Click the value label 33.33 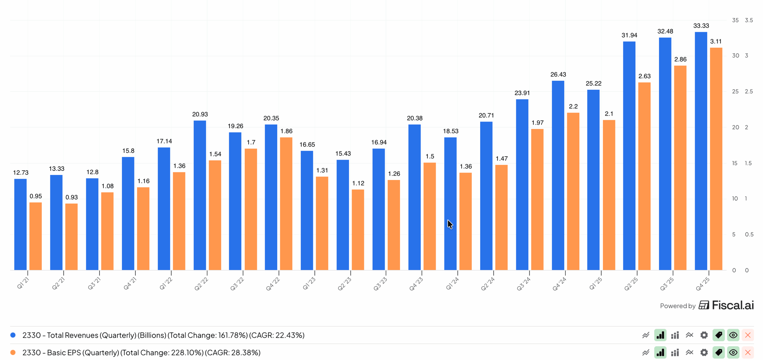click(x=701, y=26)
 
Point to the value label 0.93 click(x=72, y=197)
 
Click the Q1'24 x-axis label click(x=452, y=283)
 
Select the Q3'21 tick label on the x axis click(x=94, y=283)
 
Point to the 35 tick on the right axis click(x=735, y=20)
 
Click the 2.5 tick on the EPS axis click(x=748, y=91)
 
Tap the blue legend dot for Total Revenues click(x=13, y=335)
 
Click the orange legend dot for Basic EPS click(x=13, y=352)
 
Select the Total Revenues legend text click(x=163, y=335)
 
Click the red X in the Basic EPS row click(x=748, y=352)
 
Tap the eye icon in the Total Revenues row click(x=733, y=335)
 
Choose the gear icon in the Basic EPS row click(x=704, y=352)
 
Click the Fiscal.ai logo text click(x=732, y=305)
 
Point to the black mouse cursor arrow click(x=450, y=224)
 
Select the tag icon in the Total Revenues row click(x=718, y=335)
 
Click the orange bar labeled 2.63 click(x=644, y=176)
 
